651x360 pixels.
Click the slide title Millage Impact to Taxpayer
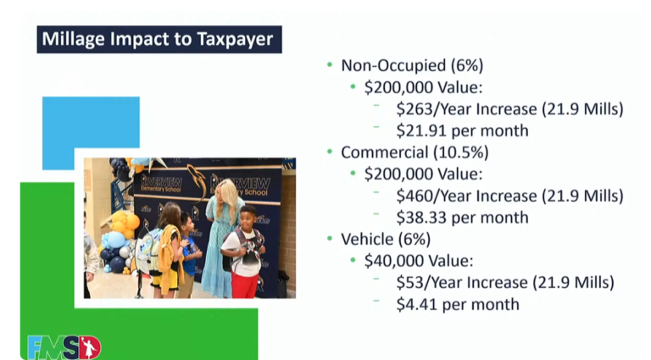pos(158,39)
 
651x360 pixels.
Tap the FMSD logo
pos(64,347)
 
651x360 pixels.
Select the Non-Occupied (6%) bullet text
pos(412,65)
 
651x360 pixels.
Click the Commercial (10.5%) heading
pos(415,152)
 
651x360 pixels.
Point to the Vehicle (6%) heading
pos(386,239)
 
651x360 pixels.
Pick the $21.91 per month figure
pos(463,130)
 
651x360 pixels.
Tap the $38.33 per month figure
pos(463,218)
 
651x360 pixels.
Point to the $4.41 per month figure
pos(458,304)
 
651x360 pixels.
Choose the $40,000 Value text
pos(419,260)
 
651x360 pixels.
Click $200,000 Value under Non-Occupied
pos(424,87)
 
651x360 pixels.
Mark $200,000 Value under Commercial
pos(424,174)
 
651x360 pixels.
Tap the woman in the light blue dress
pos(223,239)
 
